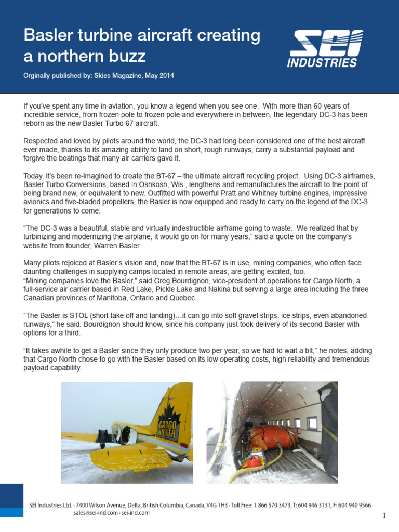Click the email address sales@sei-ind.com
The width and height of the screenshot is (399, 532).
click(x=95, y=513)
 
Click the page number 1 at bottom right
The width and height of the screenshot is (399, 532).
click(x=384, y=515)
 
